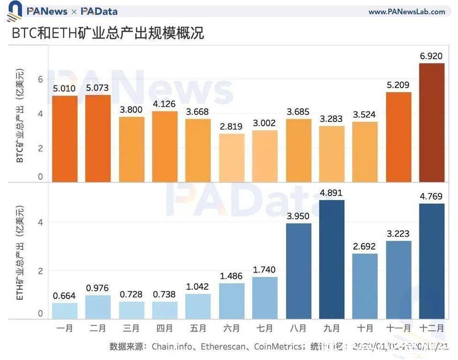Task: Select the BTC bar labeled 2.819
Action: [x=231, y=158]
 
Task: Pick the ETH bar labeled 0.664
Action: [x=64, y=311]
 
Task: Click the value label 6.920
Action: [x=431, y=56]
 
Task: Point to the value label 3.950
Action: [x=298, y=217]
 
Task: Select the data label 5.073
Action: [x=98, y=88]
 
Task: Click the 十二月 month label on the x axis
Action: [x=431, y=328]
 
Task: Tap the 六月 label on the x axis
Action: [x=231, y=328]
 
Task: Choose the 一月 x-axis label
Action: [x=64, y=328]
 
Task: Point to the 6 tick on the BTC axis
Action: [x=41, y=79]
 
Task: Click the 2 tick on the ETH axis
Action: [x=41, y=271]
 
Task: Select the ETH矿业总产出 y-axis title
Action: [x=20, y=253]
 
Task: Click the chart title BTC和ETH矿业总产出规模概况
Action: [x=108, y=33]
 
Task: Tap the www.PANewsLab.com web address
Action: [x=406, y=11]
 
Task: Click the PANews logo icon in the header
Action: [x=14, y=11]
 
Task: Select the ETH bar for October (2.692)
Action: [x=365, y=286]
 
